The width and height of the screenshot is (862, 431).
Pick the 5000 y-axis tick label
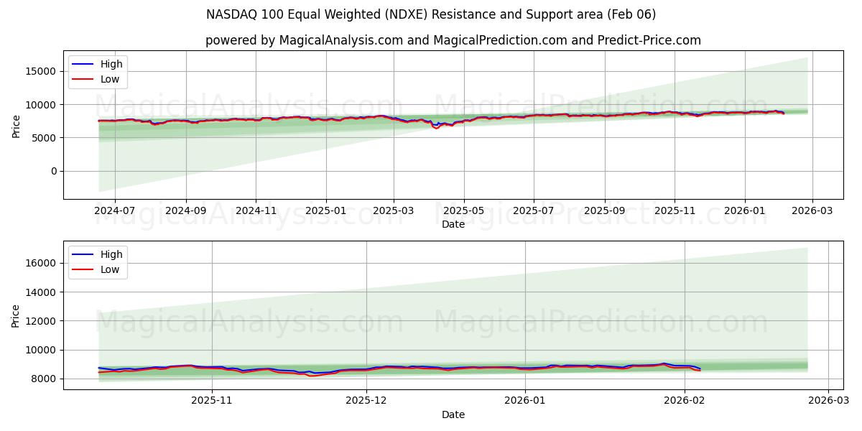[x=45, y=138]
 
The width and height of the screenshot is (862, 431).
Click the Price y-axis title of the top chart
[x=17, y=125]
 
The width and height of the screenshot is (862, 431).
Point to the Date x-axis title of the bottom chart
[x=453, y=414]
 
